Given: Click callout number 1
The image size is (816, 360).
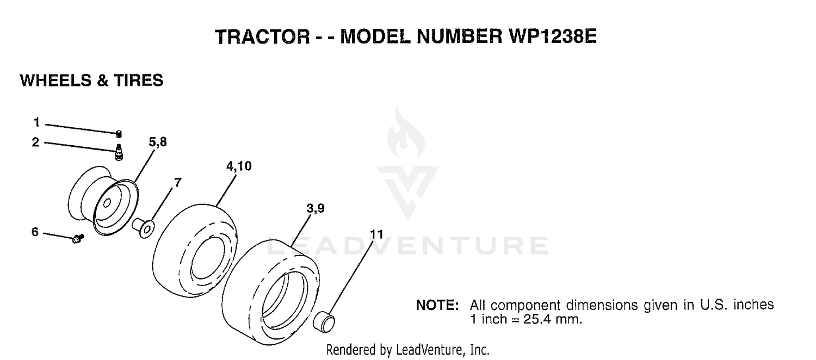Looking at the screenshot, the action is [x=36, y=122].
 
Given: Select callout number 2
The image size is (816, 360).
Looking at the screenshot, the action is [x=35, y=142].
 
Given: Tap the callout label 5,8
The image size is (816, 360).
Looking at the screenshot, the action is [x=158, y=141].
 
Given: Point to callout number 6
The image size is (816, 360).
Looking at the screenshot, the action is [x=35, y=232].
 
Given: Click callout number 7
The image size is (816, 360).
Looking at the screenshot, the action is [x=177, y=182].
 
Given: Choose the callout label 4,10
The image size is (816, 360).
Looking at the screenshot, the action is [x=239, y=166].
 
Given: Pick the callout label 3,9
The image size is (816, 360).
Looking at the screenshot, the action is [x=316, y=208].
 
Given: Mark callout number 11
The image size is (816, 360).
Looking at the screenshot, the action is [x=376, y=234].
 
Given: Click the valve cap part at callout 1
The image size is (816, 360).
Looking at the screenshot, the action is [x=119, y=134].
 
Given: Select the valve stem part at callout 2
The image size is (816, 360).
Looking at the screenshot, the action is [x=119, y=152].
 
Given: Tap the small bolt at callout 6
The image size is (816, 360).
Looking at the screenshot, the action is [x=78, y=238].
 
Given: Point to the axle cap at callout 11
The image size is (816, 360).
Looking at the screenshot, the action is [x=324, y=322].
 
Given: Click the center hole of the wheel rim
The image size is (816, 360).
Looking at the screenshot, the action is [x=107, y=203].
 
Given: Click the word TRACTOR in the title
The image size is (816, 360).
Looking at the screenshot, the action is [x=262, y=37].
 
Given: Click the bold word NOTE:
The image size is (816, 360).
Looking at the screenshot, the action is [x=437, y=305].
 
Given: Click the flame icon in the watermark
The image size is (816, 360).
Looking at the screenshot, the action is [x=405, y=133].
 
